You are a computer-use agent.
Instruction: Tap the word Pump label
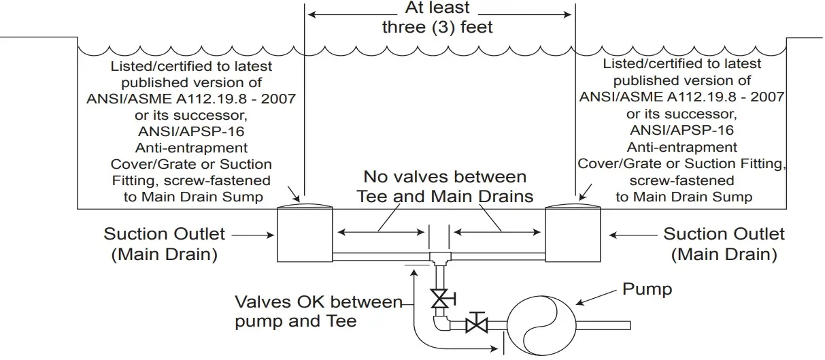coord(647,289)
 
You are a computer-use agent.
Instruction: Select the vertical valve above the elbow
coord(440,297)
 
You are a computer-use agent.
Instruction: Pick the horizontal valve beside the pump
coord(477,324)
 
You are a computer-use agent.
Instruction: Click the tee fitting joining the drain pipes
coord(439,257)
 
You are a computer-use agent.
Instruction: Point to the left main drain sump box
coord(305,235)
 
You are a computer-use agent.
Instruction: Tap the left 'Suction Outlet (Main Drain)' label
coord(164,244)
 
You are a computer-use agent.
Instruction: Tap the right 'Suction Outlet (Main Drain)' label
coord(724,244)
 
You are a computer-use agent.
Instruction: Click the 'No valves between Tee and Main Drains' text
coord(445,187)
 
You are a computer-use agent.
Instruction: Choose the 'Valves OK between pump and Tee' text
coord(318,311)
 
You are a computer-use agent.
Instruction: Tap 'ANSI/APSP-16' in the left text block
coord(191,131)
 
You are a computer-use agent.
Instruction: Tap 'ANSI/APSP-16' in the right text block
coord(682,130)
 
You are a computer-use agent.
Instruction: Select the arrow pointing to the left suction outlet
coord(253,235)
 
